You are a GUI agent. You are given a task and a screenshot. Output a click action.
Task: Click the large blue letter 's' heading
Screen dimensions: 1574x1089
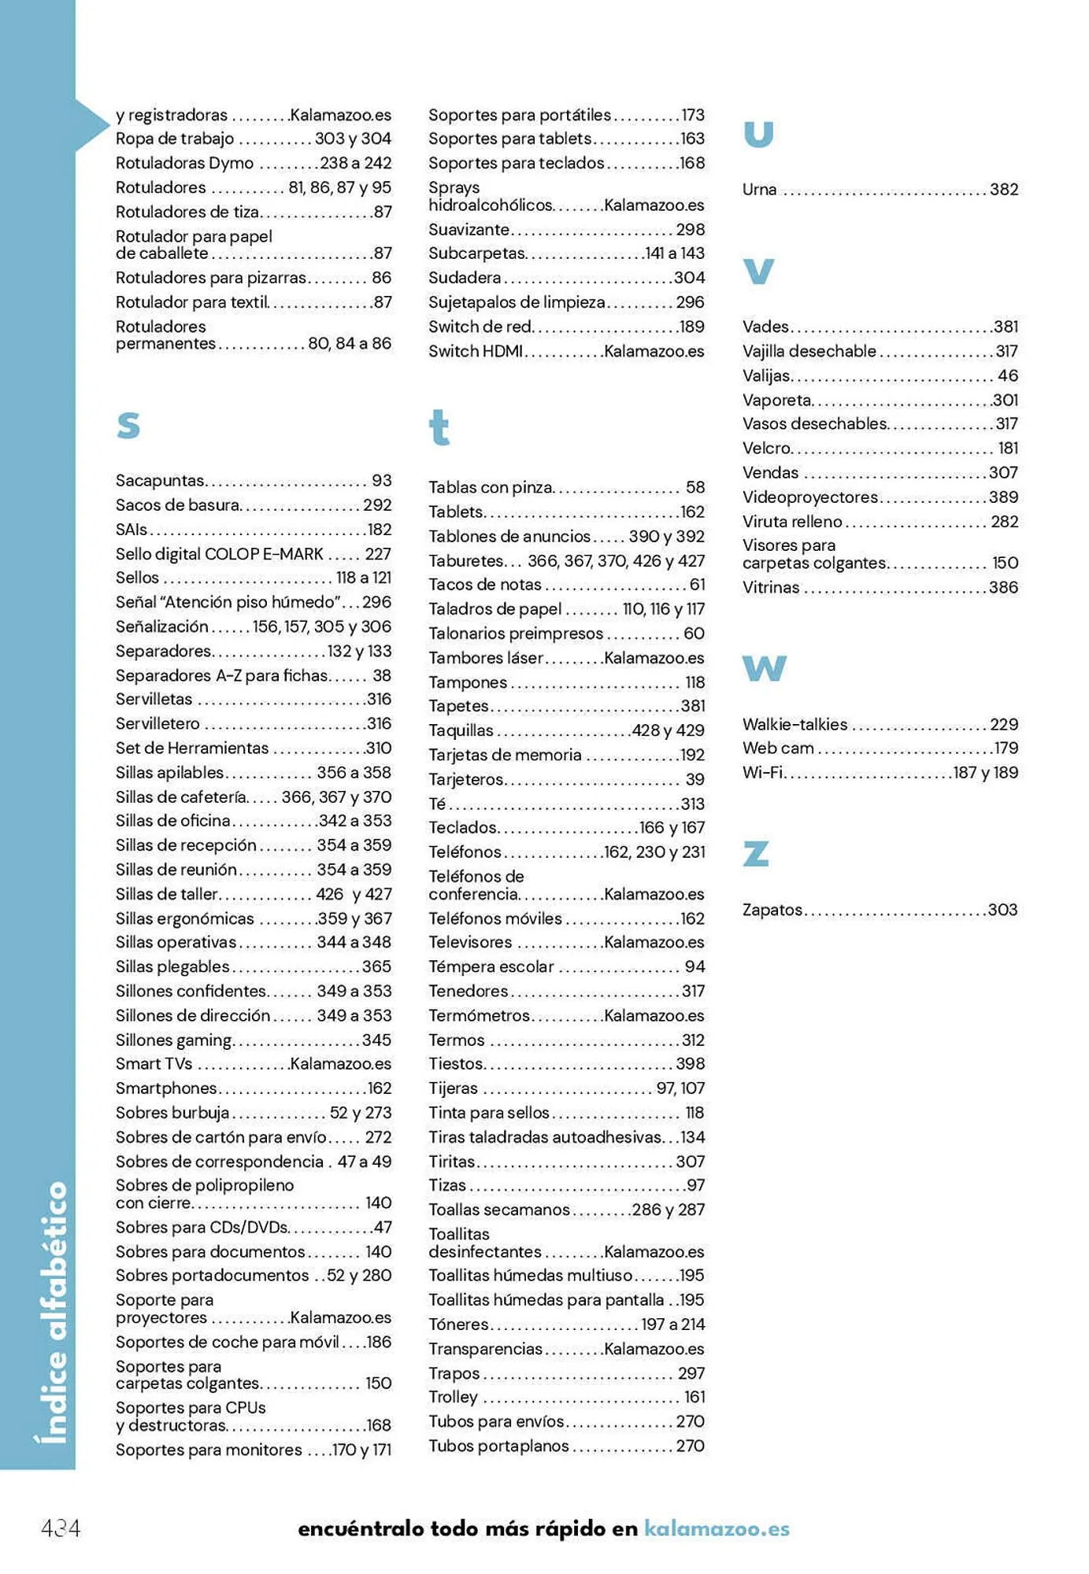tap(128, 426)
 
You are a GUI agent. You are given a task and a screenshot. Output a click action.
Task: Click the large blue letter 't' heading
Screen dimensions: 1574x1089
tap(439, 427)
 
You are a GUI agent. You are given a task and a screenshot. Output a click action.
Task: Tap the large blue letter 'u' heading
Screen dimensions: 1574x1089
tap(758, 135)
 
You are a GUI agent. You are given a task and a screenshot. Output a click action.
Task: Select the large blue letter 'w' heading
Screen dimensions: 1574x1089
tap(764, 668)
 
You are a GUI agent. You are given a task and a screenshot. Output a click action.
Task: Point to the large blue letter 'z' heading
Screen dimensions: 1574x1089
tap(755, 853)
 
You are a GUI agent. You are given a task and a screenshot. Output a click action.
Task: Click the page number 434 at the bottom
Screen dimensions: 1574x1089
tap(61, 1528)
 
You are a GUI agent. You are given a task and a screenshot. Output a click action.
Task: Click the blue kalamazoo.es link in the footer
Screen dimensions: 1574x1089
tap(717, 1528)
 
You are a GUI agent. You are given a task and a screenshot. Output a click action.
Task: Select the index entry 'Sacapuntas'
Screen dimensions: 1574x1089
tap(160, 480)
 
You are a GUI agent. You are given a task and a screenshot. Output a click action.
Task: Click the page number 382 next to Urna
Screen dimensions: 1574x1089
tap(1003, 190)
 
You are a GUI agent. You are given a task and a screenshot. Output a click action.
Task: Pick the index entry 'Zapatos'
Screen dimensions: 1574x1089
tap(772, 910)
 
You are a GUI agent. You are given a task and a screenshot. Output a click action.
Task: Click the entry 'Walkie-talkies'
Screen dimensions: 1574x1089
tap(795, 724)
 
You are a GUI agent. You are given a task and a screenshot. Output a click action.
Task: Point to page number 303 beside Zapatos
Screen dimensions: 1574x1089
tap(1002, 910)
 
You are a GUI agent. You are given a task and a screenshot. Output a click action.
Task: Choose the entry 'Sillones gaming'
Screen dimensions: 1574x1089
tap(174, 1040)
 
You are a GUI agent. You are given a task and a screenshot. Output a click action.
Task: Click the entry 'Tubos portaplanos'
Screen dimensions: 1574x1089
tap(498, 1446)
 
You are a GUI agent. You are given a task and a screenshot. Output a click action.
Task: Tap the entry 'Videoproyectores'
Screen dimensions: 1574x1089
tap(809, 497)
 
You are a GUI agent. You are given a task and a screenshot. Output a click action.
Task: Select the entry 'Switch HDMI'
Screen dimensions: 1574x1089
tap(476, 351)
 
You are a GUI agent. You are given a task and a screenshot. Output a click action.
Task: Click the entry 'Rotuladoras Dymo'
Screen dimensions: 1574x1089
tap(184, 163)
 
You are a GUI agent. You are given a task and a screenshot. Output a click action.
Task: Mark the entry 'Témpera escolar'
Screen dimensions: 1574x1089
tap(491, 966)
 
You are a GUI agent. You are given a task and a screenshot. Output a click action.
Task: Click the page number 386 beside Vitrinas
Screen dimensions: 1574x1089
tap(1003, 587)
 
